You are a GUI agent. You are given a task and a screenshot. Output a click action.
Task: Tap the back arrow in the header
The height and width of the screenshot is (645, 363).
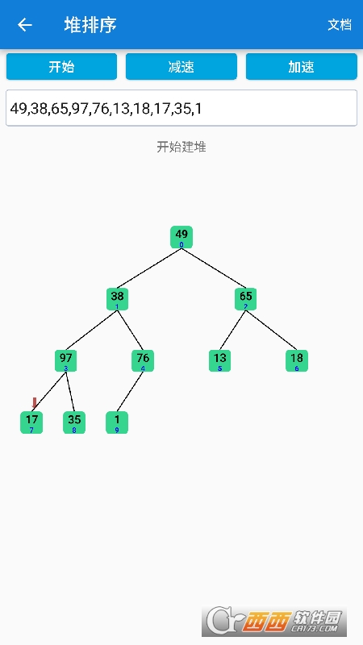[x=25, y=25]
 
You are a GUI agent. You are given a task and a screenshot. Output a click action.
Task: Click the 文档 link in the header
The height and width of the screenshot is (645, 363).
[x=340, y=25]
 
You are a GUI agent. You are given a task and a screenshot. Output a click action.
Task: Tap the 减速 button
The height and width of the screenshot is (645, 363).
[x=181, y=66]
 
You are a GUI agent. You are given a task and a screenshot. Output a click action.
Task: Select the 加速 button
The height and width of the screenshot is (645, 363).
[x=301, y=66]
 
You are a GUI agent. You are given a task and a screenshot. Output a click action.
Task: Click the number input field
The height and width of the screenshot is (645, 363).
[x=181, y=108]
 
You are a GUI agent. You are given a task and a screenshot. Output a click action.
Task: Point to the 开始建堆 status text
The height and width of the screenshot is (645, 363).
[x=181, y=147]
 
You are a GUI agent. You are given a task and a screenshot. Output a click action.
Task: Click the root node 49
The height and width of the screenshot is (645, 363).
[x=181, y=237]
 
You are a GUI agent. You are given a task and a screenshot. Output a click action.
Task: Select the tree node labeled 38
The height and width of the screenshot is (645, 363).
[x=117, y=299]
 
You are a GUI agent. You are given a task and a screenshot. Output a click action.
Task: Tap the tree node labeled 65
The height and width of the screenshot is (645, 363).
[x=246, y=299]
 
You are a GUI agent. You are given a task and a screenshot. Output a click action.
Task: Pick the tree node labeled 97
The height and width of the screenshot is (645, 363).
[x=66, y=360]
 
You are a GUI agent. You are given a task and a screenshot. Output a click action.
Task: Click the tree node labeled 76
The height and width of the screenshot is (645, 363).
[x=143, y=360]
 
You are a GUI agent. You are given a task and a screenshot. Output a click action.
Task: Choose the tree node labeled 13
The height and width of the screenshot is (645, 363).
[x=219, y=360]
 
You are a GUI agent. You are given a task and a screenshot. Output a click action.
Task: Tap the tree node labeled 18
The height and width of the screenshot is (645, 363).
[x=297, y=360]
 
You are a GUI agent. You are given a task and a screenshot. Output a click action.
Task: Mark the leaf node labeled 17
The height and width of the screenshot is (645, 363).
[x=31, y=422]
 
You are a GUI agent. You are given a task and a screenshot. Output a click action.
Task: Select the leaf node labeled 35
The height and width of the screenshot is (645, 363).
[x=74, y=422]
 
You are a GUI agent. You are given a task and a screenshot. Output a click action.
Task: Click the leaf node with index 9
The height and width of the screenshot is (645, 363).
[x=117, y=422]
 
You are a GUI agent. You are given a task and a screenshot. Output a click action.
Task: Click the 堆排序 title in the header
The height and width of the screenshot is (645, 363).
[x=90, y=25]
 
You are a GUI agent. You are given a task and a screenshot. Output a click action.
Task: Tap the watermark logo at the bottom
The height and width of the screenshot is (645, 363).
[x=274, y=622]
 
